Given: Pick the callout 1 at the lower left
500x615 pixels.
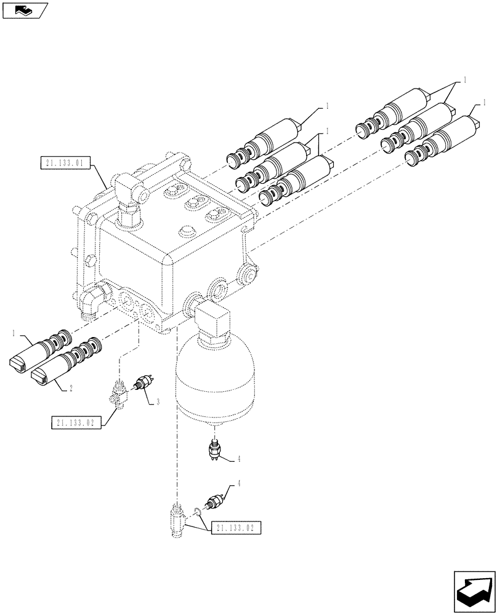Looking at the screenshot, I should click(14, 332).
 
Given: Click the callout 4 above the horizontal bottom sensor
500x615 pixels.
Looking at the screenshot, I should click(240, 484).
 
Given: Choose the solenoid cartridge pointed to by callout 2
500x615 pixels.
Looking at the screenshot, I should click(65, 367).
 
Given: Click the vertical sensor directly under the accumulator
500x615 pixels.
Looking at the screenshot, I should click(216, 451).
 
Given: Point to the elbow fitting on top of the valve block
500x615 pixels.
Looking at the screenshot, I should click(128, 193).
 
